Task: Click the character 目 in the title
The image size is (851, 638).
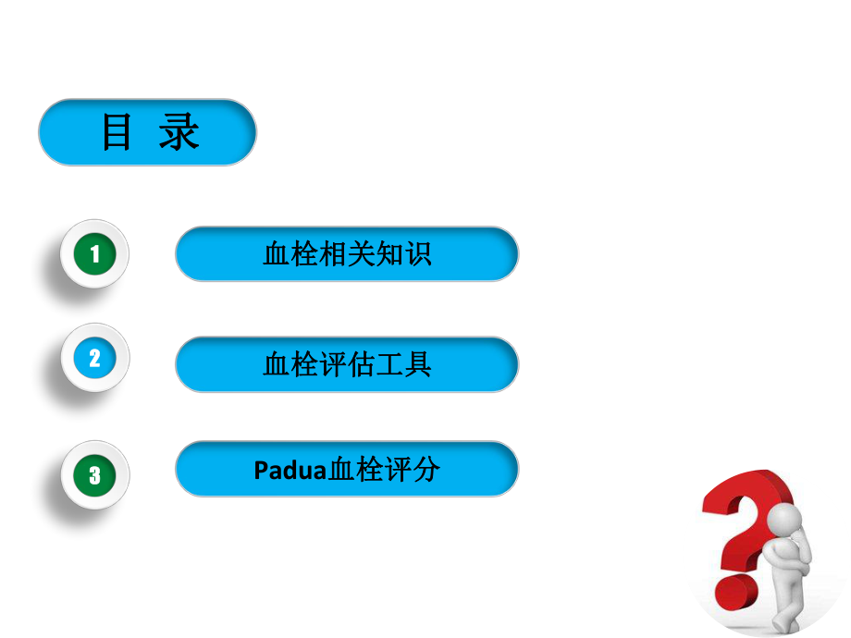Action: (117, 133)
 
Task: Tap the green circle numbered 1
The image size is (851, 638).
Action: (94, 253)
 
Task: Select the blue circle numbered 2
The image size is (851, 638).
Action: (94, 357)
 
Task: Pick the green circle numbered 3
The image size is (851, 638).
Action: (94, 475)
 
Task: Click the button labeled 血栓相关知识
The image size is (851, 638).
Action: (347, 253)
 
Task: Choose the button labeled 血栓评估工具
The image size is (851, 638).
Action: (347, 364)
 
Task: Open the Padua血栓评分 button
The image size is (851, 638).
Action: (347, 470)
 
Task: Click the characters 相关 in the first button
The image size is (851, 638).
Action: (347, 253)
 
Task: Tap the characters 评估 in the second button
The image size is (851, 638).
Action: (347, 364)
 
